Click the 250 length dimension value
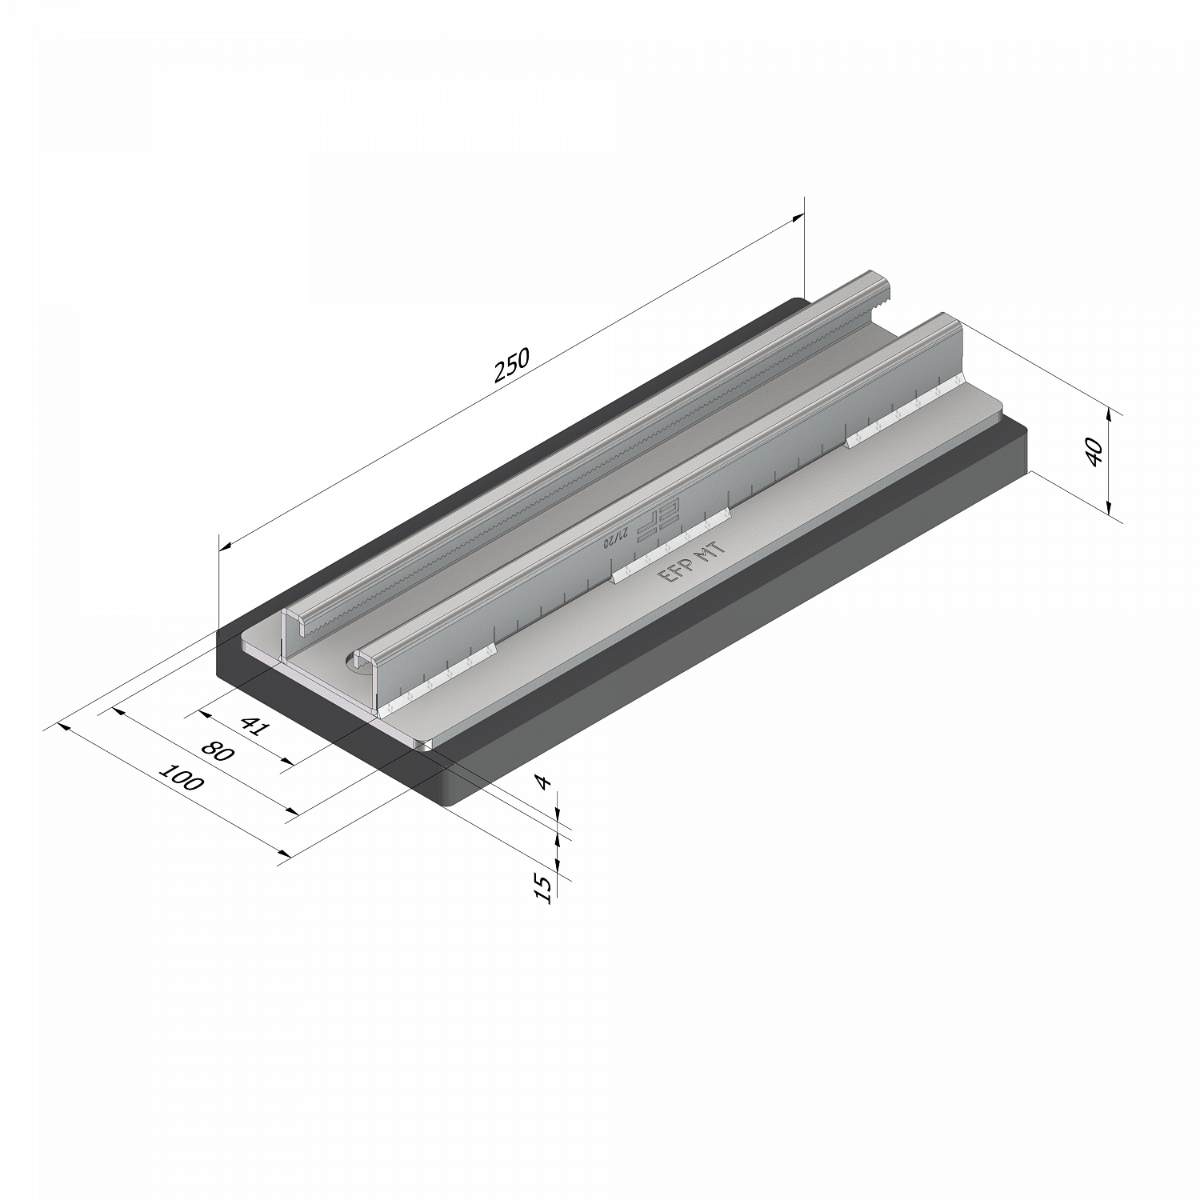coord(512,366)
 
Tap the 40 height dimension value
coord(1096,453)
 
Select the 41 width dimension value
coord(253,726)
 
